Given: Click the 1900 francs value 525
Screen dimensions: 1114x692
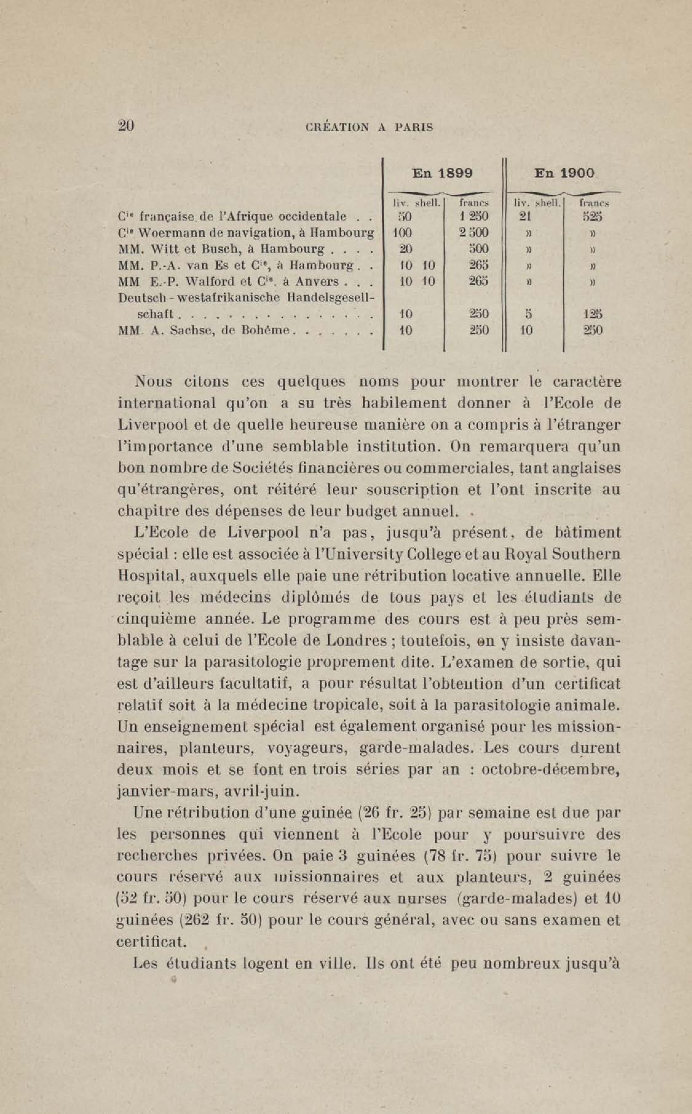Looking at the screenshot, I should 593,216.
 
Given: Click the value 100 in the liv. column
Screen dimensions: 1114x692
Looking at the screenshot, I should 403,233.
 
